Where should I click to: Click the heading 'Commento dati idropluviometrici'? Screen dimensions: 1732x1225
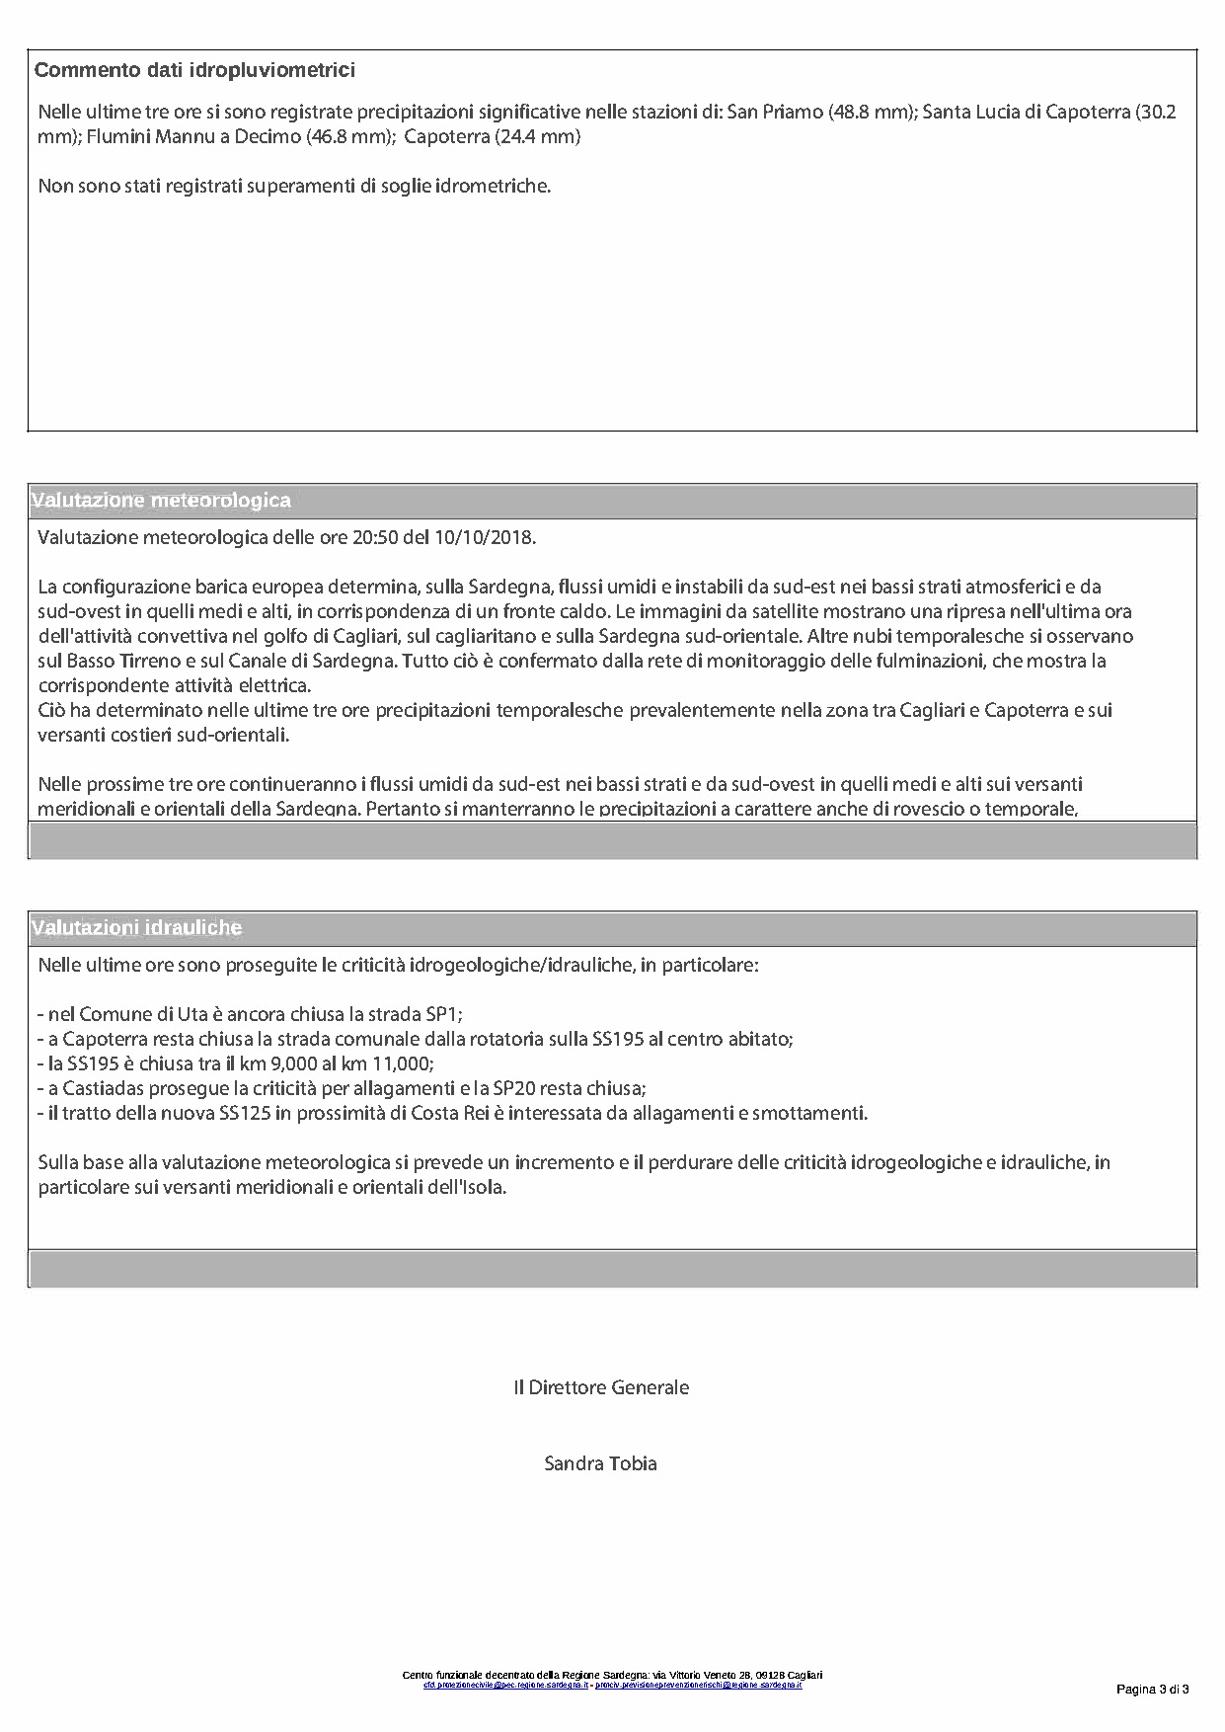tap(194, 70)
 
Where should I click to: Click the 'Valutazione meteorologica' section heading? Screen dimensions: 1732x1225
tap(162, 501)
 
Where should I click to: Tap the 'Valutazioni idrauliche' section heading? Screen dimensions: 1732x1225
tap(137, 928)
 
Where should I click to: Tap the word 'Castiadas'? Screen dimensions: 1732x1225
tap(104, 1088)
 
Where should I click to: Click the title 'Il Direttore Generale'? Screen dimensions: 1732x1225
tap(601, 1387)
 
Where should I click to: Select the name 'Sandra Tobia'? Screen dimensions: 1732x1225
tap(600, 1463)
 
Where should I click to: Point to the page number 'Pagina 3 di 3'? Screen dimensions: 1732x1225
tap(1152, 1690)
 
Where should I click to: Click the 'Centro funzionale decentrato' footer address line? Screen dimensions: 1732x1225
tap(612, 1675)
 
